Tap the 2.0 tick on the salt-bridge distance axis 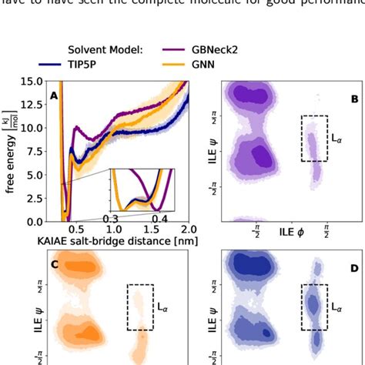coord(188,229)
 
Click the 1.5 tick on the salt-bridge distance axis coord(151,229)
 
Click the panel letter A coord(54,95)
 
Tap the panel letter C coord(54,266)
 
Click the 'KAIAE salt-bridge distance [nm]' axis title coord(113,241)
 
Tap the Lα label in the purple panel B coord(337,139)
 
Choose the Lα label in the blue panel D coord(337,307)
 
